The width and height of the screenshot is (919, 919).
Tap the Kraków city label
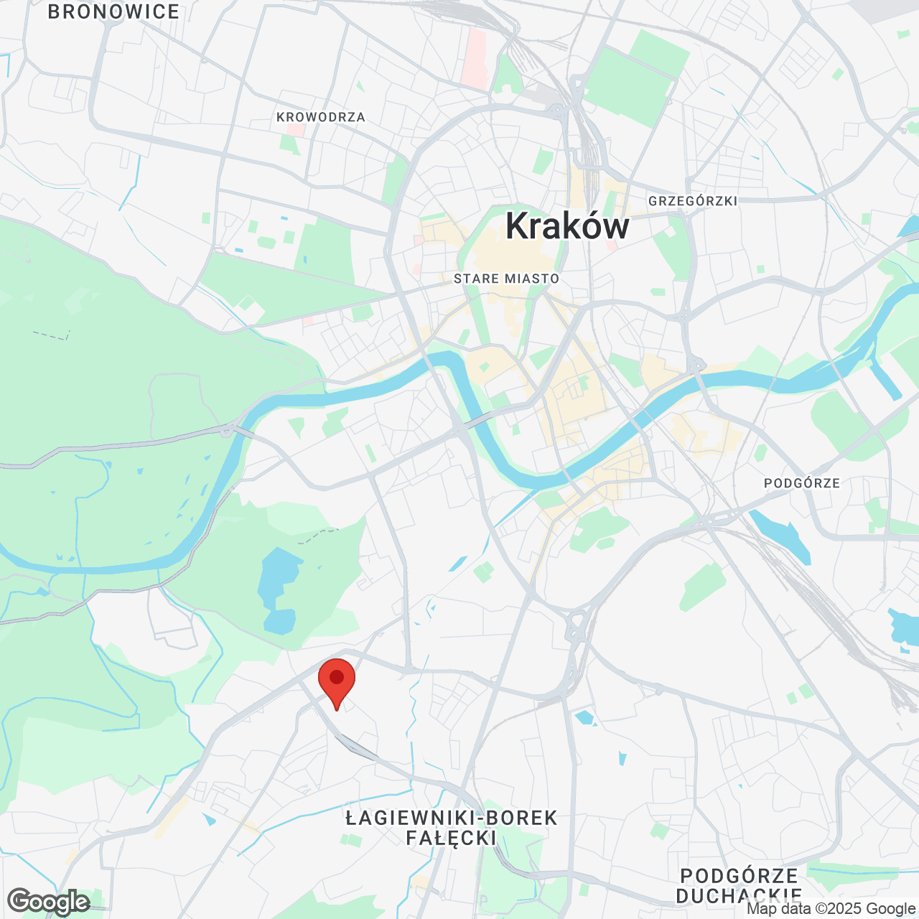(567, 226)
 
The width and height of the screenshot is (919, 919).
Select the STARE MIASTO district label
(506, 279)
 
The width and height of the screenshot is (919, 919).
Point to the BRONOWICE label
(113, 12)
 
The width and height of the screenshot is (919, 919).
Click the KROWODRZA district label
(321, 117)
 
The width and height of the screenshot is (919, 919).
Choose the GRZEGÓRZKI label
(693, 201)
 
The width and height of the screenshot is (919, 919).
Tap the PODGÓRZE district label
(802, 483)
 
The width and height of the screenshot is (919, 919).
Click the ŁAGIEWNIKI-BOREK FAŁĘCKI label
(452, 828)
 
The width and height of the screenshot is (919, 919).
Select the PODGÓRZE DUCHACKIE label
(740, 886)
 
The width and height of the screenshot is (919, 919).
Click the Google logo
(49, 902)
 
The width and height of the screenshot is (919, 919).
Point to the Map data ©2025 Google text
(831, 909)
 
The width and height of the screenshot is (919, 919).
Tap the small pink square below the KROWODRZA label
(295, 131)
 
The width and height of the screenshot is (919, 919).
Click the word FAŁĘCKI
(452, 838)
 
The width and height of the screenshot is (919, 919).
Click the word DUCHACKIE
(740, 896)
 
